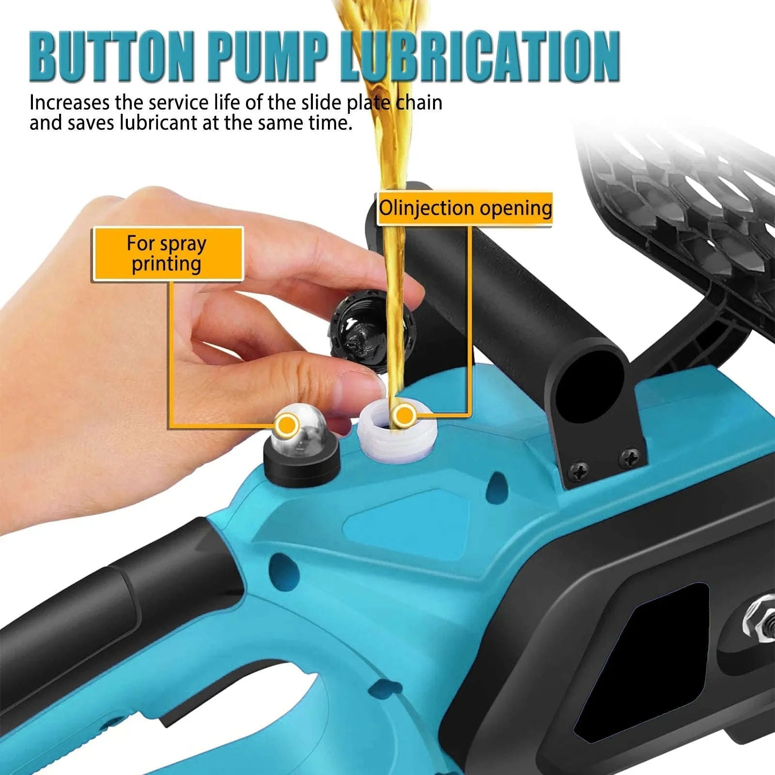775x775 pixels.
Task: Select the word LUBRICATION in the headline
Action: coord(480,57)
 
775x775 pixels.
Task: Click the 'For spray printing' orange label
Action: coord(167,253)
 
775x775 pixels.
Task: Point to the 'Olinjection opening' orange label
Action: coord(465,208)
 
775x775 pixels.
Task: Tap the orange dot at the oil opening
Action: coord(403,415)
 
